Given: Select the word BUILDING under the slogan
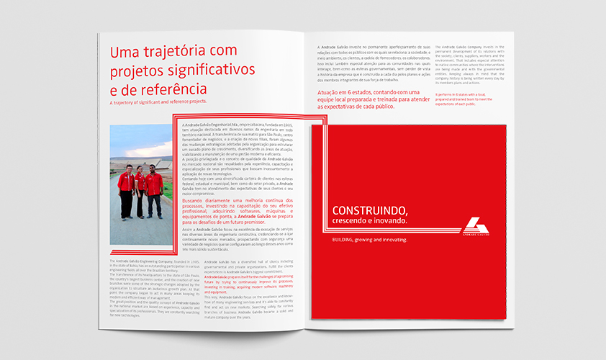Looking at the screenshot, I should (x=340, y=238).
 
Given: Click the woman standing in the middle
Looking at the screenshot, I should (x=140, y=189).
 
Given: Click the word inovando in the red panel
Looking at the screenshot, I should (x=389, y=220).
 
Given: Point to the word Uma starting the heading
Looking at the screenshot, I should (x=122, y=52).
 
